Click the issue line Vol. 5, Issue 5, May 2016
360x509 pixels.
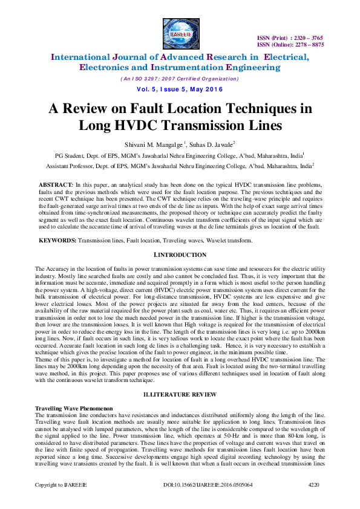coord(179,89)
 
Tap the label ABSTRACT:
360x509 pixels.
coord(56,183)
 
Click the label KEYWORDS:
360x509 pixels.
coord(57,240)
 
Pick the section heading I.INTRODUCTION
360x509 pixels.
coord(179,255)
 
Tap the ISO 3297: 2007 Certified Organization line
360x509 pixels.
coord(179,79)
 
